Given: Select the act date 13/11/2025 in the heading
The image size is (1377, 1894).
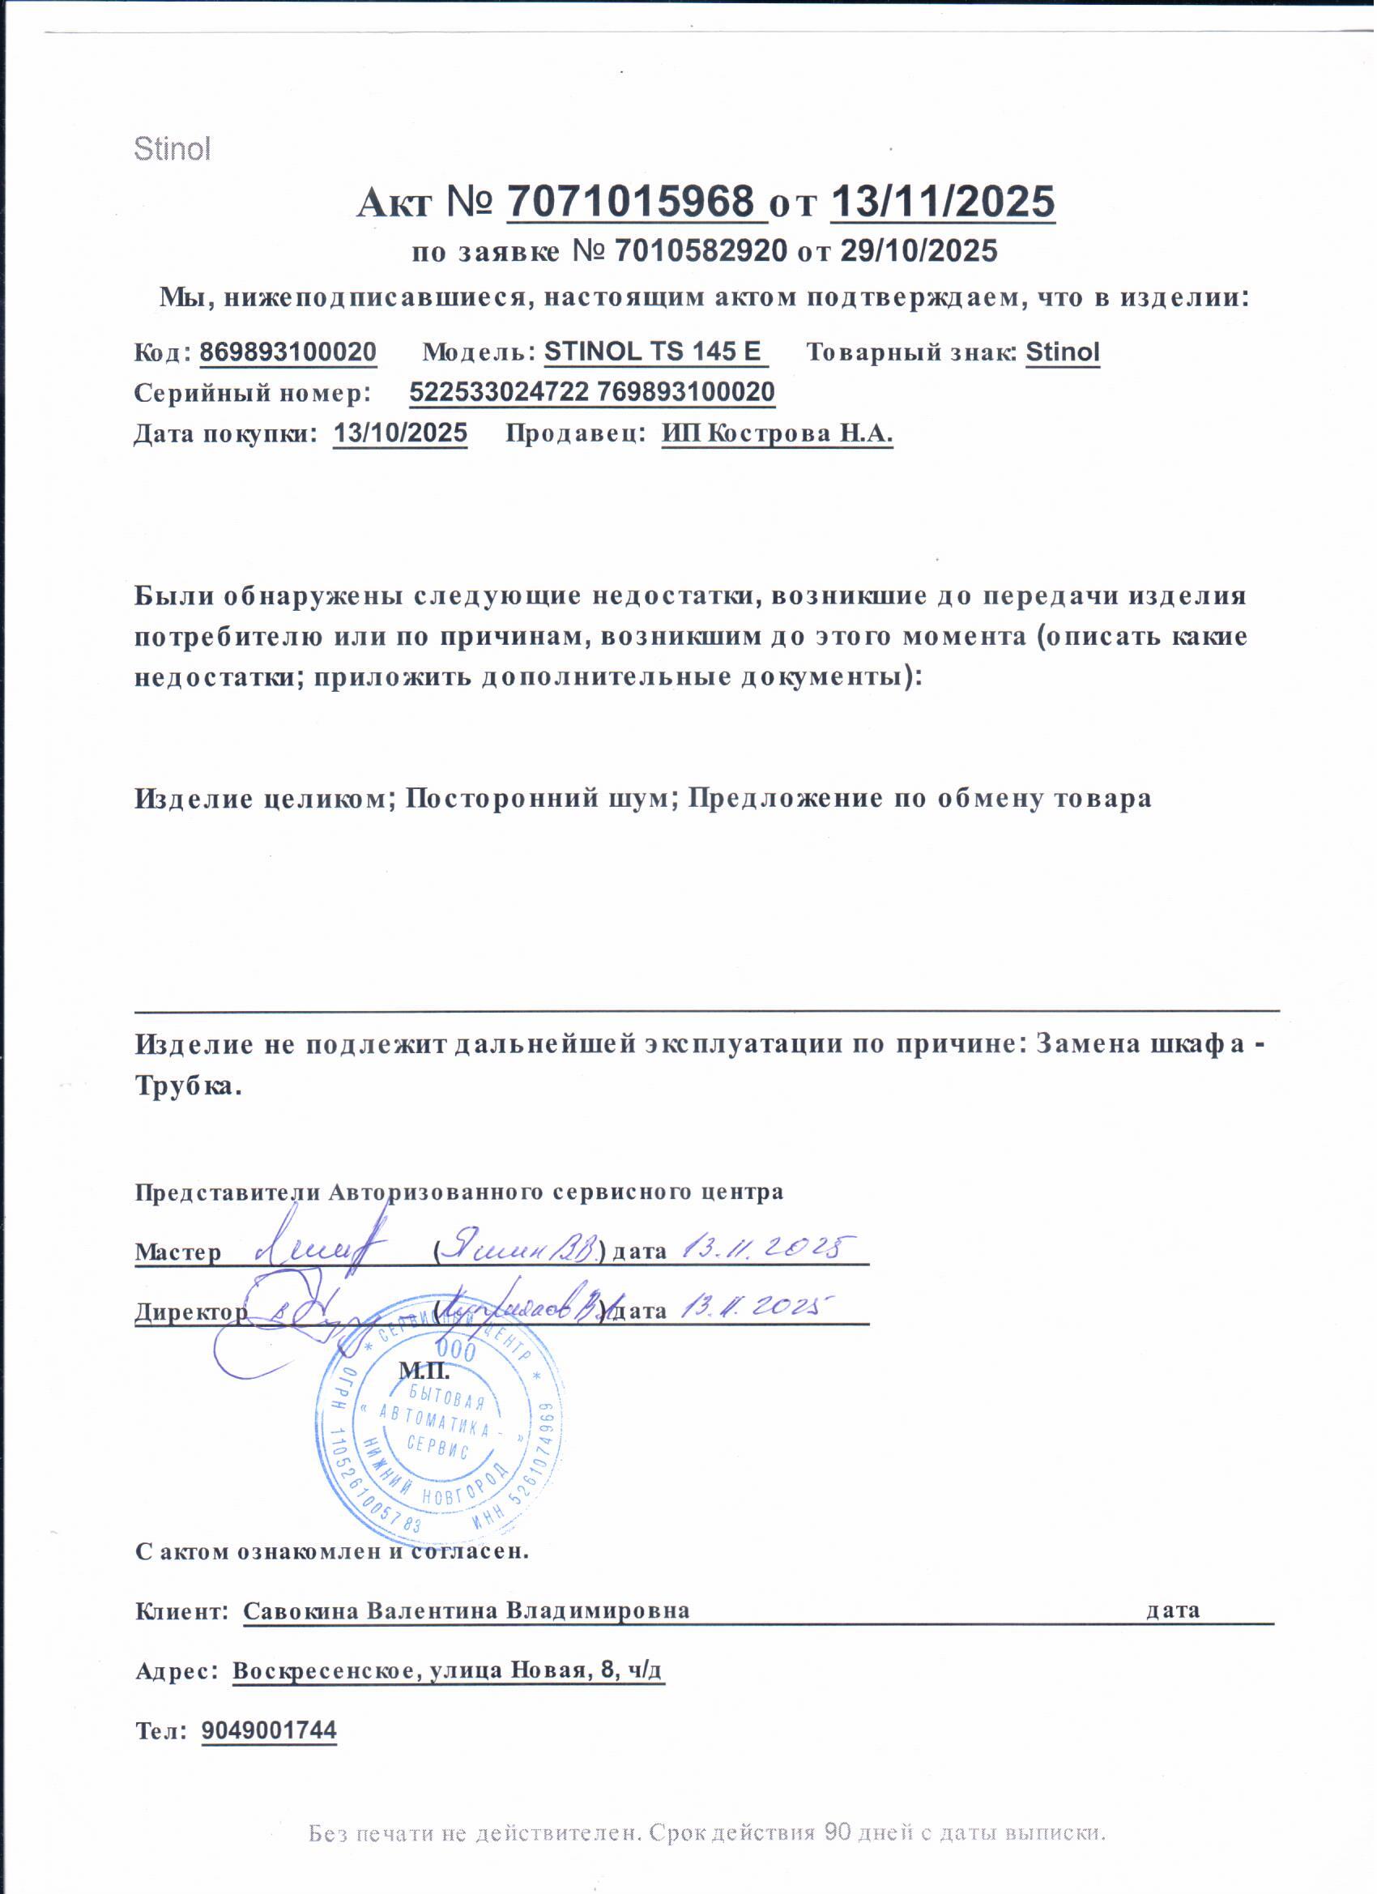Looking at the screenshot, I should tap(943, 201).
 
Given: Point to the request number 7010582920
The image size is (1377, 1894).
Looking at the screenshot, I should tap(701, 250).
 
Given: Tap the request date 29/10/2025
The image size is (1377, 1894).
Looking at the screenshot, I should tap(919, 250).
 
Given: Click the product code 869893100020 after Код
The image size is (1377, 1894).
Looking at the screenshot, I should tap(288, 352).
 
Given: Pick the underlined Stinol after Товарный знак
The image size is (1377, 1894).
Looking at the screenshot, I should tap(1062, 352).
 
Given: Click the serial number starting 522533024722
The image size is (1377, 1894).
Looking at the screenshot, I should tap(592, 391).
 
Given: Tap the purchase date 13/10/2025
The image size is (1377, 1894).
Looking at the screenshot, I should tap(400, 433).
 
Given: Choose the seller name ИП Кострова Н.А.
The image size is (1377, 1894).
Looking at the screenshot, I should tap(778, 433).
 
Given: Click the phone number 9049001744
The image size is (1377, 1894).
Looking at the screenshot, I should tap(269, 1731).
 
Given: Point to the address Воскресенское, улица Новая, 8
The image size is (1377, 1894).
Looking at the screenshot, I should tap(448, 1671).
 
